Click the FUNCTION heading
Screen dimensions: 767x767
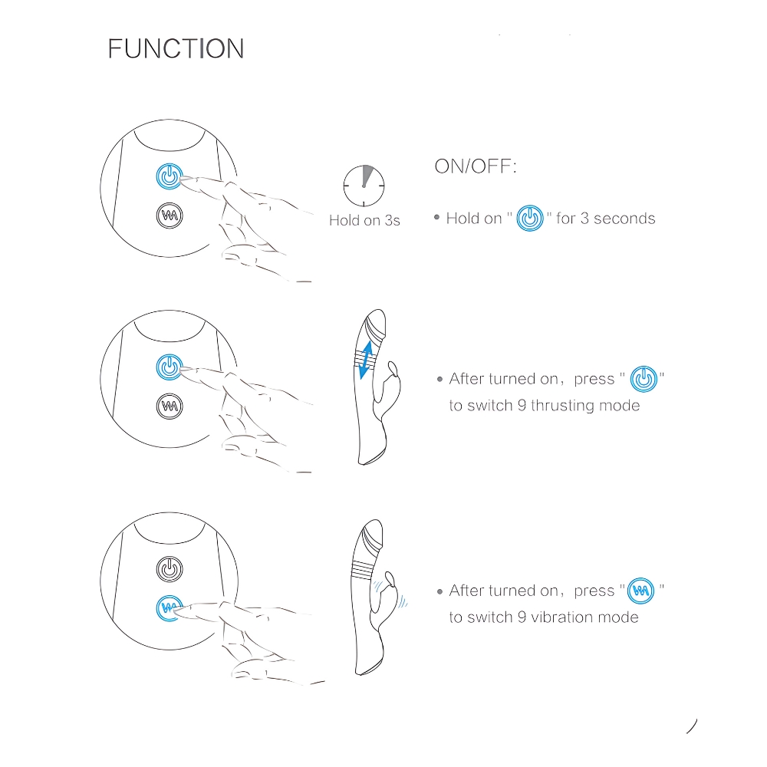coord(176,49)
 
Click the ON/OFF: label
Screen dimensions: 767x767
coord(476,166)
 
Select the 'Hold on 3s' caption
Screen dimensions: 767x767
coord(364,221)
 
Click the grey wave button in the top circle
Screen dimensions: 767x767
coord(169,215)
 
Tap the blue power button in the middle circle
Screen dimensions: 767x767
coord(169,367)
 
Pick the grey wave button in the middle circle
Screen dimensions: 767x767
coord(169,404)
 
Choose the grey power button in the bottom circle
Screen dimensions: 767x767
coord(169,570)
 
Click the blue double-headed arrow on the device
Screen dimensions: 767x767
coord(366,360)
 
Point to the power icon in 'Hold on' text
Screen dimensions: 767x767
coord(529,219)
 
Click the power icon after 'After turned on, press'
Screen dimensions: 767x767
coord(643,380)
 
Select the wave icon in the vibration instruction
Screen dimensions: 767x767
coord(641,591)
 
